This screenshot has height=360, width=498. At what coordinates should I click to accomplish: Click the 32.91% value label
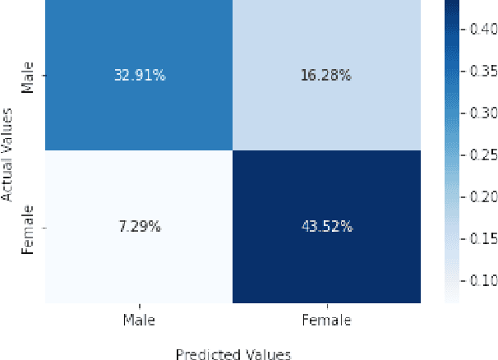(139, 76)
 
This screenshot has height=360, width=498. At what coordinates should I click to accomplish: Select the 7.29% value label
(139, 226)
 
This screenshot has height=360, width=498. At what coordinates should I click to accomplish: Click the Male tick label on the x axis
(139, 320)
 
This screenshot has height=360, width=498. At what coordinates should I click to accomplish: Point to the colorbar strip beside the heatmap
(453, 151)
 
